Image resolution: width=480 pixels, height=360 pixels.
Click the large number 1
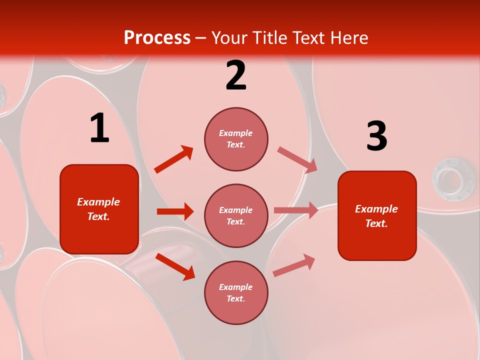(x=99, y=128)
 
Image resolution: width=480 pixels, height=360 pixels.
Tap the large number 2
(x=236, y=75)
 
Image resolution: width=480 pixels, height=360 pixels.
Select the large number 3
(x=376, y=136)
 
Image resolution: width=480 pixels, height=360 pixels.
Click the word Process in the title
(x=157, y=37)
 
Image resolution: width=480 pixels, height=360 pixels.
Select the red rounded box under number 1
(x=99, y=209)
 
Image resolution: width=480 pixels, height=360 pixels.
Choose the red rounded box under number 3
(x=377, y=215)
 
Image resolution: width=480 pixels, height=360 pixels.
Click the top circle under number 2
(x=236, y=139)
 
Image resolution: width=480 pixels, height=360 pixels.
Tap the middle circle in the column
(x=236, y=215)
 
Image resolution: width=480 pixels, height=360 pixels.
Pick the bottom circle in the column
(x=236, y=292)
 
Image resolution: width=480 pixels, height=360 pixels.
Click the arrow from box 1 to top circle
(x=174, y=159)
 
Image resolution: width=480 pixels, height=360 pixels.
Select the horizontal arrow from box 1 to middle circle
(x=175, y=211)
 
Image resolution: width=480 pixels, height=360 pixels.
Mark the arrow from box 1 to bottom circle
(x=175, y=266)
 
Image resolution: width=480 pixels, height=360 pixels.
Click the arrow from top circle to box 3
(x=297, y=159)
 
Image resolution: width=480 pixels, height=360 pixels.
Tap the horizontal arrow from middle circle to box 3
(x=296, y=210)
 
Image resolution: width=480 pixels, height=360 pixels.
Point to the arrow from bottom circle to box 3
(x=294, y=265)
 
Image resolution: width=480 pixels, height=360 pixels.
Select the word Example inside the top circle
(x=235, y=133)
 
